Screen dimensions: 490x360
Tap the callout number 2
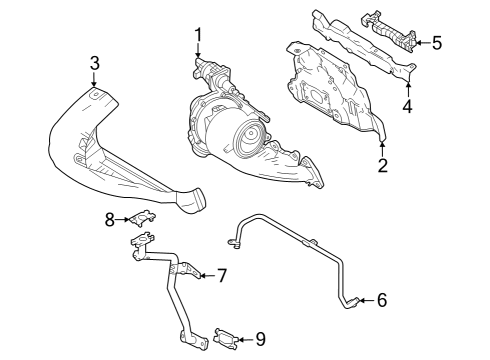[x=382, y=164]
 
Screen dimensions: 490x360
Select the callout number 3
[x=94, y=64]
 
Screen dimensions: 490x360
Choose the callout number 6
[x=381, y=298]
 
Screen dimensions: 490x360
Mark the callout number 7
[x=222, y=274]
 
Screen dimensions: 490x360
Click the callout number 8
[x=112, y=220]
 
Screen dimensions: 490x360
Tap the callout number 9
[x=259, y=339]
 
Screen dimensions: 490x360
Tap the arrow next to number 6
[x=365, y=298]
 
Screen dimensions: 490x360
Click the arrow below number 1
[x=197, y=56]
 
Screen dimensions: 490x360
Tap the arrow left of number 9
[x=243, y=339]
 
